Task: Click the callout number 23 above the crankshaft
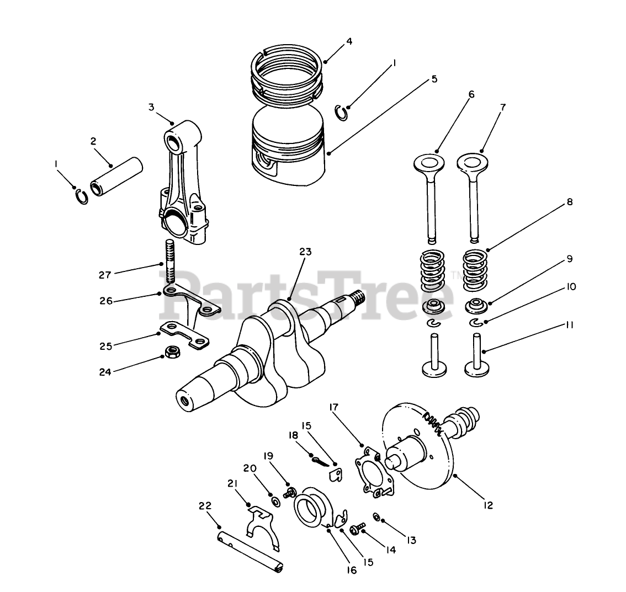point(305,252)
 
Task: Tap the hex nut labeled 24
point(171,351)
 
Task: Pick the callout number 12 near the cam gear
point(487,504)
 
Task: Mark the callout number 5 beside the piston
point(434,79)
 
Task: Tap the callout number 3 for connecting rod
point(151,106)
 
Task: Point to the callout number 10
point(571,287)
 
